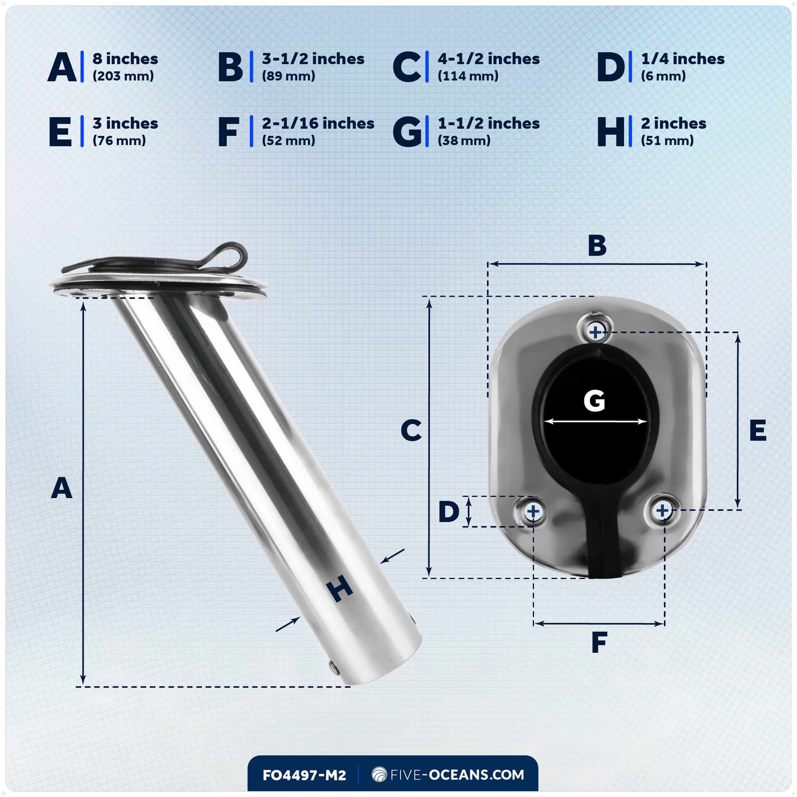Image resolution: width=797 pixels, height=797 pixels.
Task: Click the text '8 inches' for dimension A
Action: point(125,59)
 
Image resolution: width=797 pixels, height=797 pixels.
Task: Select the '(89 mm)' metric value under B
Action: point(288,76)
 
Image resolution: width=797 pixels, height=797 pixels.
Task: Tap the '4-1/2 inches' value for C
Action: point(489,59)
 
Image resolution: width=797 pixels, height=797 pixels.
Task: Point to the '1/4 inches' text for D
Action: point(683,59)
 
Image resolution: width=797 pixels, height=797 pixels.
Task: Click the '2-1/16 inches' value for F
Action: point(318,123)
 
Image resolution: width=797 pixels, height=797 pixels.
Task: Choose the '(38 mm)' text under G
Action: point(464,140)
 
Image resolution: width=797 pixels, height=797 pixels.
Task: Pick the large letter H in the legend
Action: point(611,132)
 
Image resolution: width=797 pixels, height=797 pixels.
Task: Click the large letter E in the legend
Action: point(60,132)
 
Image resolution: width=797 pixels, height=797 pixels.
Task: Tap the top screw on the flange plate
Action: point(595,332)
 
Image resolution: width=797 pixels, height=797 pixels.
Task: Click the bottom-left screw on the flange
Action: point(533,512)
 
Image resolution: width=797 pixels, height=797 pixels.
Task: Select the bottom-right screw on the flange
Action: point(662,510)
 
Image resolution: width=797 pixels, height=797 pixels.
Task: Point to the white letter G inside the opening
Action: point(594,401)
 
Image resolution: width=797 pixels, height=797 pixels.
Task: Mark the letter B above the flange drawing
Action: point(597,246)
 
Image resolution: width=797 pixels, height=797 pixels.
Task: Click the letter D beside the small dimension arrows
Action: point(449,512)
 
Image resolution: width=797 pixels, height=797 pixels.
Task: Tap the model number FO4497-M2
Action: point(304,775)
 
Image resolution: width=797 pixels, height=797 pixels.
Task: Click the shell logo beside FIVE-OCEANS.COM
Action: point(379,774)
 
